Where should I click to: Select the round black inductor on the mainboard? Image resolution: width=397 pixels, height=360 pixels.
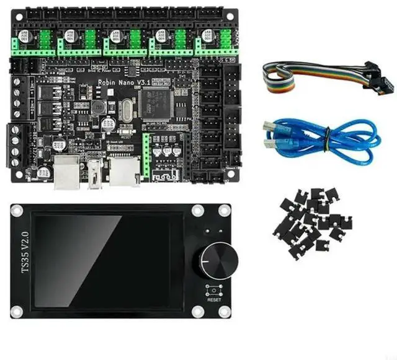(x=99, y=107)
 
